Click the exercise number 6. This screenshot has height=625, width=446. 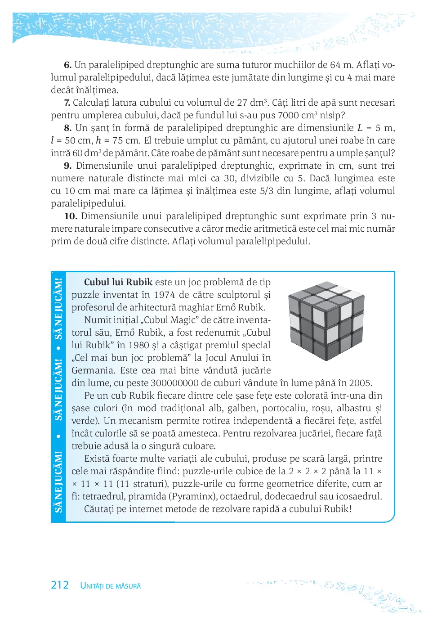[67, 65]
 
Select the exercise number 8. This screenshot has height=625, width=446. [67, 128]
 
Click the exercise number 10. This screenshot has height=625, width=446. [71, 216]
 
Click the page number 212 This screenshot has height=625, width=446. [60, 585]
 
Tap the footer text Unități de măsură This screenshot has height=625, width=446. [110, 586]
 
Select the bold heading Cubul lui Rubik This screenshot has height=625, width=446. [118, 282]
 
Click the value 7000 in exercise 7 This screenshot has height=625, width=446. [288, 115]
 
